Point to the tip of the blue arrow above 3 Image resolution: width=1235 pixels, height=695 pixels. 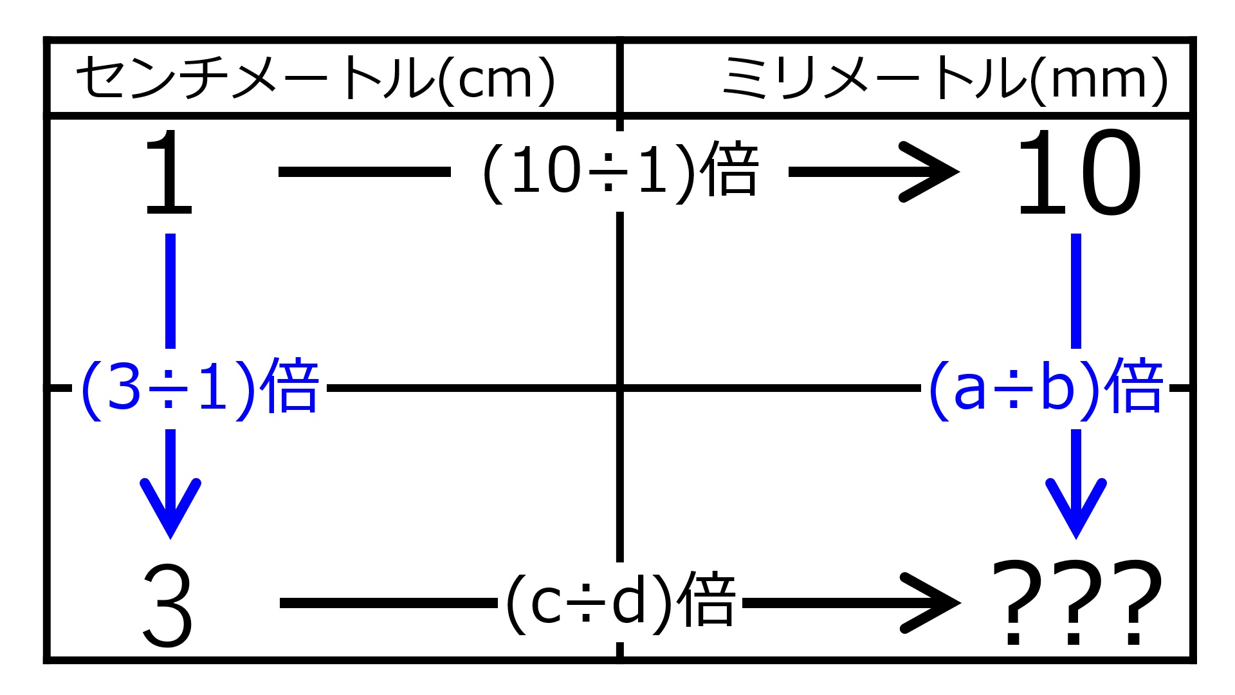click(170, 538)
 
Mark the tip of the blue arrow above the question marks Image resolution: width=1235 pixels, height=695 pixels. click(1076, 538)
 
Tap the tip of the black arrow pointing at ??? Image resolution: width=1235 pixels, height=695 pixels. click(960, 603)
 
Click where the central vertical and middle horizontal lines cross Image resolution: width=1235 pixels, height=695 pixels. click(620, 388)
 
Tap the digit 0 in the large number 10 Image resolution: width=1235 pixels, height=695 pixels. click(1108, 172)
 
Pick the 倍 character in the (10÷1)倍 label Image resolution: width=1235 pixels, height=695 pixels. click(731, 169)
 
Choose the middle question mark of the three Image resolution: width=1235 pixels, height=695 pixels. click(1075, 603)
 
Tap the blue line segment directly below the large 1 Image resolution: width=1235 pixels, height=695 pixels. click(170, 291)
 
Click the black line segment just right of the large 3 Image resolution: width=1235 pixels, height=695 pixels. click(389, 603)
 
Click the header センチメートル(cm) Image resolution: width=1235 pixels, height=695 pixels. click(316, 79)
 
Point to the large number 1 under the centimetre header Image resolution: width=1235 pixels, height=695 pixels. click(169, 172)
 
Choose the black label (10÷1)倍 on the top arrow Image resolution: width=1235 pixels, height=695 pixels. click(621, 171)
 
